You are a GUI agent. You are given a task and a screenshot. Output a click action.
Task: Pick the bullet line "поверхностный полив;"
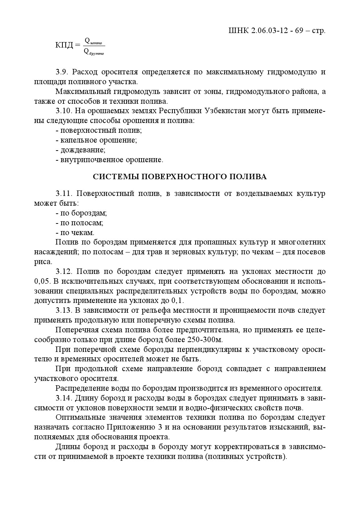pos(99,130)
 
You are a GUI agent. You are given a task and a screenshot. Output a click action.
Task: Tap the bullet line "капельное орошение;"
pos(96,140)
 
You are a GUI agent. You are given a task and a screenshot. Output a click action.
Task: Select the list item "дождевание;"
pos(81,150)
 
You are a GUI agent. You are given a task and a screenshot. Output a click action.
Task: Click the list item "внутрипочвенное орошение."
pos(110,160)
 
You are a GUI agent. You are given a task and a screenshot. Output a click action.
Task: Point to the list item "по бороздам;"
pos(81,213)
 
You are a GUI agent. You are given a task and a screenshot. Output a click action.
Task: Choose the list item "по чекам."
pos(75,233)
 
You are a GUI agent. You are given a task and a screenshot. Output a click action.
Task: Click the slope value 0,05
pos(42,281)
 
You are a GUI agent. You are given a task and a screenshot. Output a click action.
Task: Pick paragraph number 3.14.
pos(64,398)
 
